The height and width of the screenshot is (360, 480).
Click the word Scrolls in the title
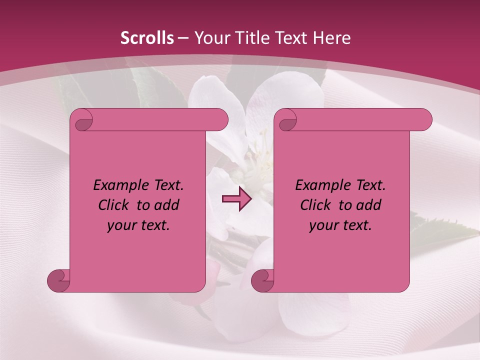tap(147, 38)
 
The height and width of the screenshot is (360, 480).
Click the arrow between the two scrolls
tap(236, 199)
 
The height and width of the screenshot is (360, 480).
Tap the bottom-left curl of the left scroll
tap(58, 280)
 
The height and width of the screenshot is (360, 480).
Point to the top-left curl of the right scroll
tap(287, 120)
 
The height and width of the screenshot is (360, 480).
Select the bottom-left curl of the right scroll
tap(262, 280)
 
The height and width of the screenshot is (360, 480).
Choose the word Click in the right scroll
tap(315, 205)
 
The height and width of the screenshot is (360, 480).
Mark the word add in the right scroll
tap(368, 205)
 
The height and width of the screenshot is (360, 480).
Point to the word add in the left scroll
tap(166, 205)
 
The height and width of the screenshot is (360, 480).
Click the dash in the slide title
tap(183, 38)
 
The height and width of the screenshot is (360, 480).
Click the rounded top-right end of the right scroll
tap(422, 119)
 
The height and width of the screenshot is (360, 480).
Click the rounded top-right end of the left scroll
tap(218, 119)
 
